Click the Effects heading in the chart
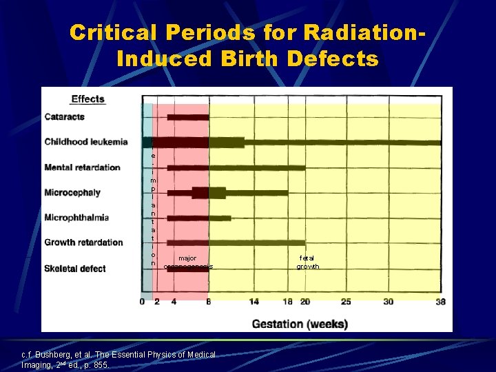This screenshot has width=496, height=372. coord(87,99)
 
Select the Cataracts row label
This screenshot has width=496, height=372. coord(65,116)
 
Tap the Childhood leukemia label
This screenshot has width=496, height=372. coord(86,142)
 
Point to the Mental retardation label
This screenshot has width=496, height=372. coord(82,167)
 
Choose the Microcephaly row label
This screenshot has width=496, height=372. coord(72,192)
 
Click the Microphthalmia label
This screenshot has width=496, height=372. coord(76,218)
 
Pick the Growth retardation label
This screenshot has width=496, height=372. coord(83,242)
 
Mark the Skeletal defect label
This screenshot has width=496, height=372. coord(75,268)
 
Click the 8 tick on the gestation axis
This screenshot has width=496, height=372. coord(208,302)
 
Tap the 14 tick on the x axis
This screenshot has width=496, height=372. coord(254,302)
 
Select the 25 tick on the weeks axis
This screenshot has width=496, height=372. coord(346,302)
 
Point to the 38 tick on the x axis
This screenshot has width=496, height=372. coord(441,302)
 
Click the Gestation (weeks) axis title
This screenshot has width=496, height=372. coord(300,323)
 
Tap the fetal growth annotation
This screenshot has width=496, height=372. coord(308,262)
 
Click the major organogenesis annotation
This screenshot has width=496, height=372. coord(188,262)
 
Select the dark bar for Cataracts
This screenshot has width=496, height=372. coord(187,117)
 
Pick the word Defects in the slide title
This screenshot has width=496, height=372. coord(334,59)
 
